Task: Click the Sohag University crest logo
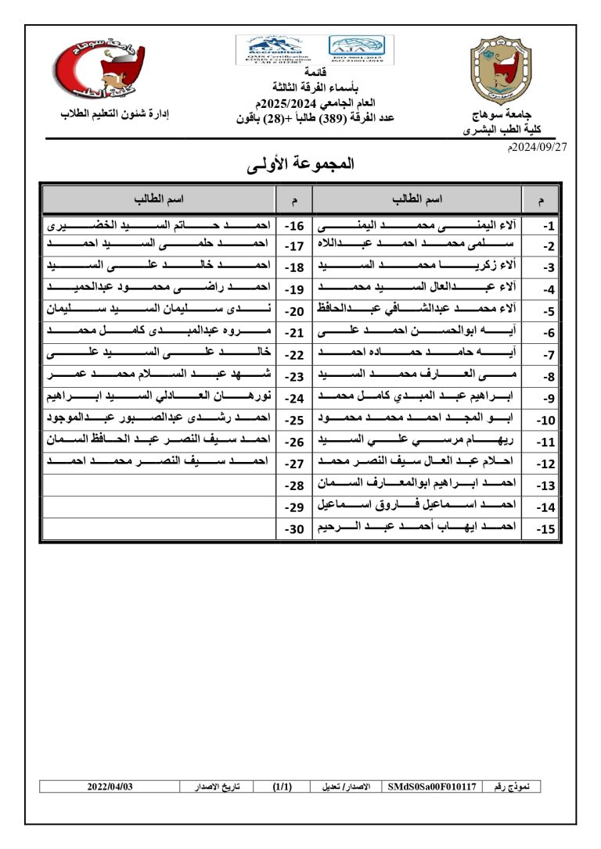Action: coord(506,70)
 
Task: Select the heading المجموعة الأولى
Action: coord(300,164)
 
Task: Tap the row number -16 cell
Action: coord(295,226)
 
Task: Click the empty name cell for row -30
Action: coord(160,528)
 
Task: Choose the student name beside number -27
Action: coord(160,463)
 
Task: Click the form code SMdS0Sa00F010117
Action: coord(431,786)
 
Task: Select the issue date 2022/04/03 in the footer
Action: coord(110,786)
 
